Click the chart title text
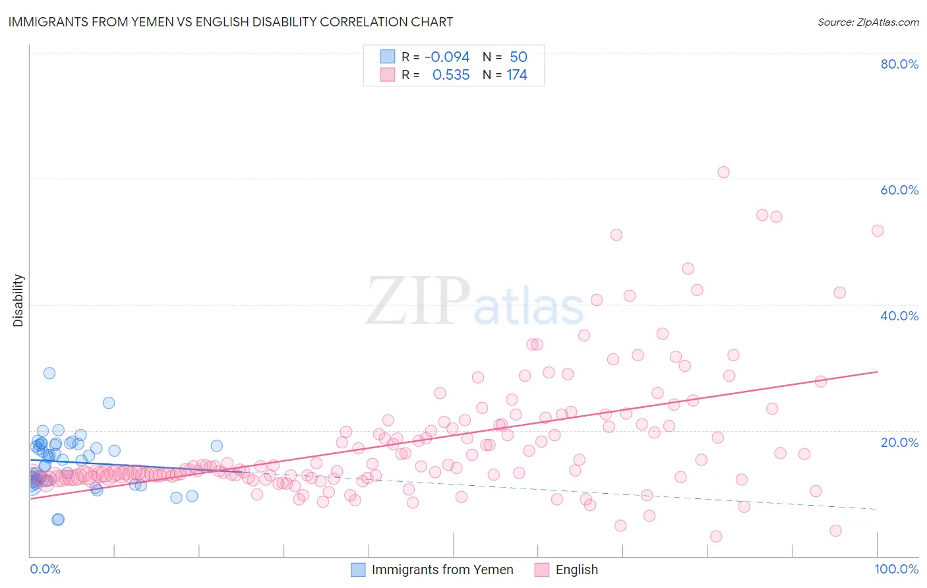click(x=230, y=22)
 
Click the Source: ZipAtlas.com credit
click(x=868, y=22)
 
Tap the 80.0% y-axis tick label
click(x=899, y=64)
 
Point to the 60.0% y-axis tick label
click(x=899, y=190)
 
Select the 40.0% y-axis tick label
click(x=899, y=316)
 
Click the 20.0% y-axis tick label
click(x=899, y=442)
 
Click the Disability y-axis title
click(x=18, y=301)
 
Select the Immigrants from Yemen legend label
click(x=442, y=570)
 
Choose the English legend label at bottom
click(x=576, y=570)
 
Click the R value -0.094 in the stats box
click(x=447, y=57)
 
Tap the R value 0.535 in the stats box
click(x=451, y=75)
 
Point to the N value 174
click(x=517, y=75)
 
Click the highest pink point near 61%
click(x=723, y=172)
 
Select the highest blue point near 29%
click(x=49, y=373)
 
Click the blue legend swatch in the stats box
click(x=387, y=57)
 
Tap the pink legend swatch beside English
click(x=542, y=570)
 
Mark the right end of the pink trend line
click(x=877, y=372)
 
